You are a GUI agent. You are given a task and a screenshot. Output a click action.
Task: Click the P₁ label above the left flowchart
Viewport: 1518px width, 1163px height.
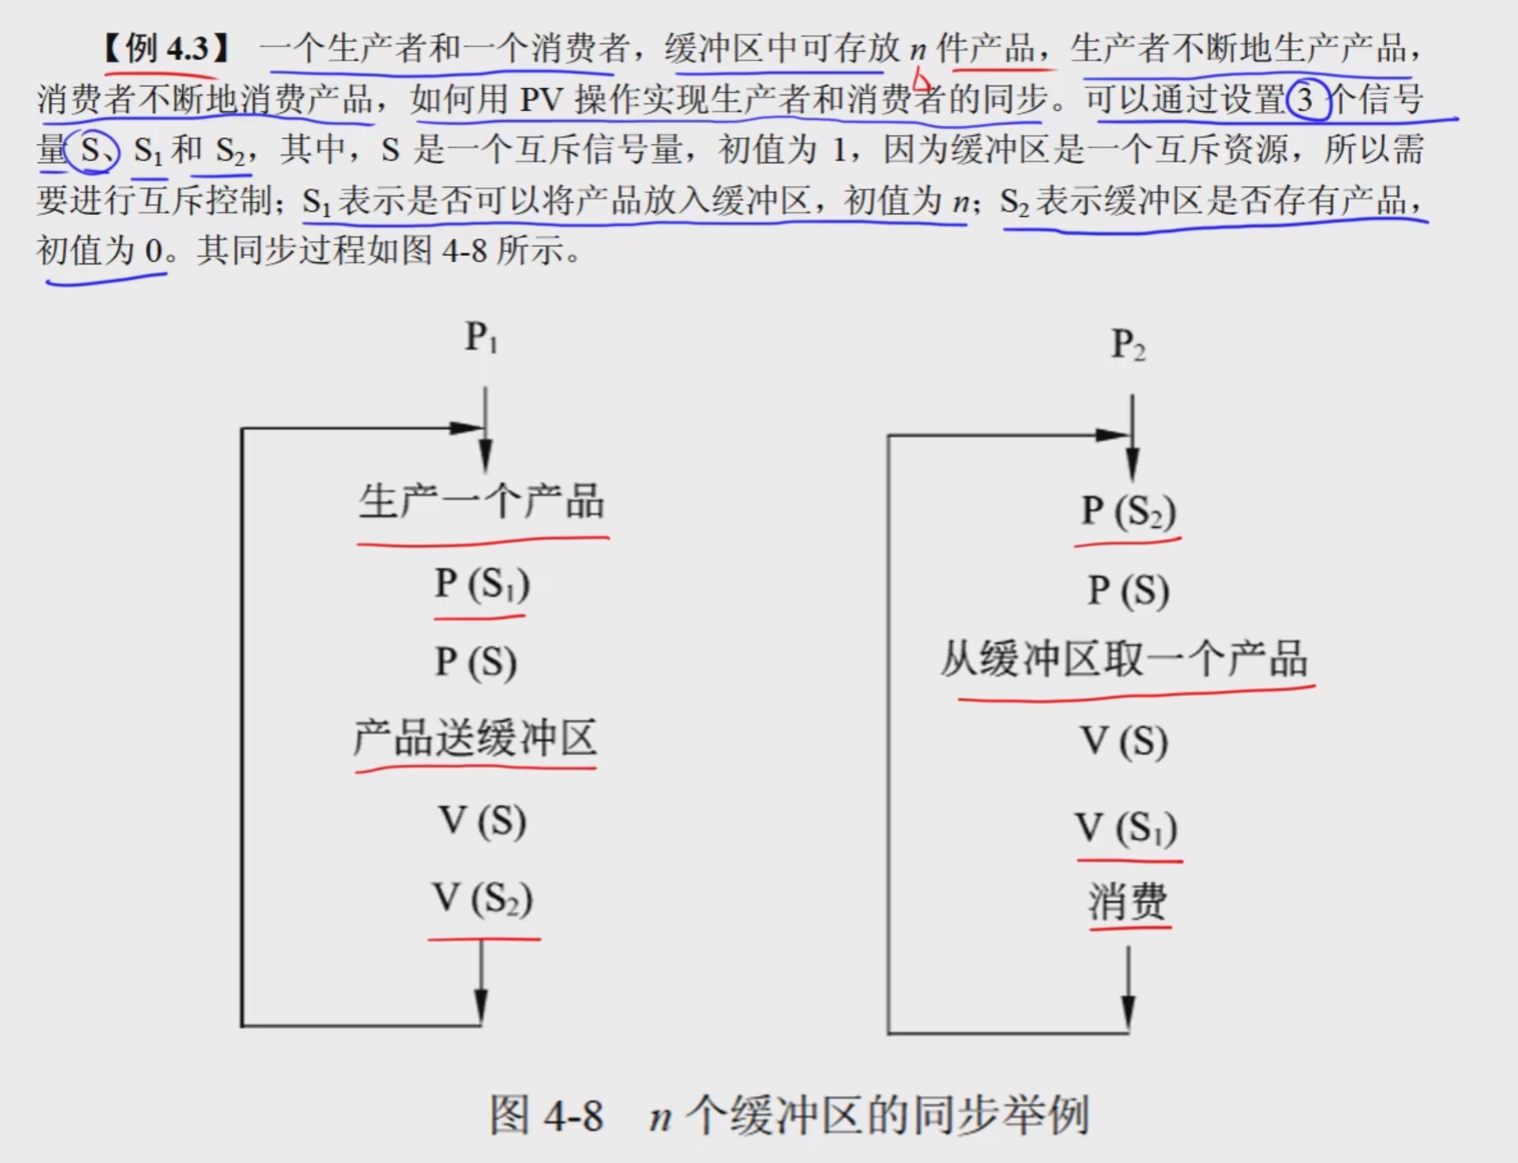481,338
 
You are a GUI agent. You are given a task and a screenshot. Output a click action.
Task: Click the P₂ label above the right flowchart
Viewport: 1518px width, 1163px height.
1127,346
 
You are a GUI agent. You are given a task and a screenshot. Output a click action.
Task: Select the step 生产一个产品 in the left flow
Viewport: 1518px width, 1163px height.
482,502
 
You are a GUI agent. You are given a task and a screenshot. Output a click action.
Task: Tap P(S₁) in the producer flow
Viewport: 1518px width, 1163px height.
482,584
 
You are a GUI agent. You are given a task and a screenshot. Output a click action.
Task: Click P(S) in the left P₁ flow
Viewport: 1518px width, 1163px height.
476,662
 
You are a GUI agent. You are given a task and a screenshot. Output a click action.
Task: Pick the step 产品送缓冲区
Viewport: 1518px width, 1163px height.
475,738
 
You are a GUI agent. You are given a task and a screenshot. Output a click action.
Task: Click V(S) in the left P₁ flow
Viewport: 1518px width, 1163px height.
482,821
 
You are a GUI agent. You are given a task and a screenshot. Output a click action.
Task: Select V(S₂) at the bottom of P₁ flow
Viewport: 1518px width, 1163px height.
483,898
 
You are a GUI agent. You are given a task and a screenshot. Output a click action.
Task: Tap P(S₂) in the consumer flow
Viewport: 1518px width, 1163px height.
1128,511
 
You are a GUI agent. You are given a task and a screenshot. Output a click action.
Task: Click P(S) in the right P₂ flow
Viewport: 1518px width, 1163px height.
1128,590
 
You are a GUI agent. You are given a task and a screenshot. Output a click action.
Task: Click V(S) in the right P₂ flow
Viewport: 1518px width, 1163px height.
1124,741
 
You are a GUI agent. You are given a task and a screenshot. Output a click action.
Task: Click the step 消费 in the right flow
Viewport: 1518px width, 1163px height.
1127,901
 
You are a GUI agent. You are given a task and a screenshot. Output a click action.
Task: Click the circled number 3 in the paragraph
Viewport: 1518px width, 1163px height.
1306,100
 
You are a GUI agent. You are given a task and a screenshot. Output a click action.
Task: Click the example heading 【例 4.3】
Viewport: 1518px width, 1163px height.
167,49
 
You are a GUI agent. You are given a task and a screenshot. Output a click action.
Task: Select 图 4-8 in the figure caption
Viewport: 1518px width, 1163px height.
547,1115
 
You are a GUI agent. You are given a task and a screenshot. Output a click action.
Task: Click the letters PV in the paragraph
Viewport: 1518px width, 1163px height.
542,100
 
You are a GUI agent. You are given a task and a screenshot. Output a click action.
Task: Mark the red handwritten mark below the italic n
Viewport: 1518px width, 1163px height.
921,81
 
